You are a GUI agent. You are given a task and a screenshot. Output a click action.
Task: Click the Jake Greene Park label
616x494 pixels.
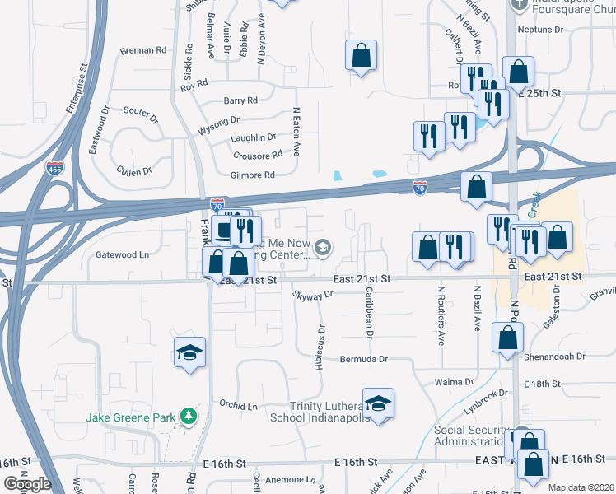131,417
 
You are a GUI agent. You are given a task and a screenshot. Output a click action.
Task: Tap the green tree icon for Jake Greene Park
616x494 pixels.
189,417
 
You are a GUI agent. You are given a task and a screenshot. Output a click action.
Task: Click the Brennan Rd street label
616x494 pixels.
143,50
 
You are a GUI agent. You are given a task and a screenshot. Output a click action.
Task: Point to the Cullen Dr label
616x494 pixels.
135,171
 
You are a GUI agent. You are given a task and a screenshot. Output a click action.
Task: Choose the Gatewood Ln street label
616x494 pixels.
122,255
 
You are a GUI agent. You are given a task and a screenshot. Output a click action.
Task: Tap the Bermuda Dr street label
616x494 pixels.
363,360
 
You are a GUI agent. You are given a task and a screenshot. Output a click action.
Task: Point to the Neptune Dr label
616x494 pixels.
539,29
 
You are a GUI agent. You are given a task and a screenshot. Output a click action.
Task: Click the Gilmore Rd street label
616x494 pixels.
252,175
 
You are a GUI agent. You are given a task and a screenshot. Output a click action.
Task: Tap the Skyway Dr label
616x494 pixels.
312,295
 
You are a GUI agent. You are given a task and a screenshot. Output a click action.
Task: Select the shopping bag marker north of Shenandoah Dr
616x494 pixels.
508,337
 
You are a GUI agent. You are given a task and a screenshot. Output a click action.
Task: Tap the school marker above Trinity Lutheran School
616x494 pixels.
378,403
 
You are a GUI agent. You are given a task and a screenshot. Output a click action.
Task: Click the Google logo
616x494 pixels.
27,484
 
